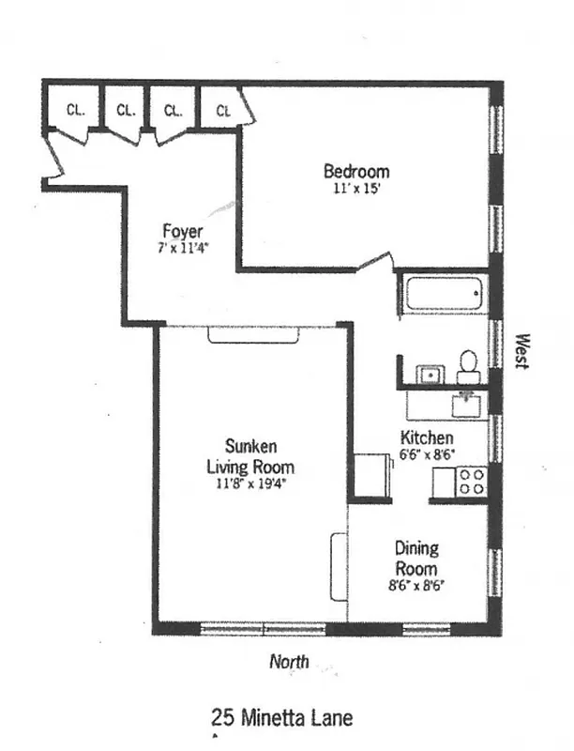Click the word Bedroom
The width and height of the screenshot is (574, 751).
356,172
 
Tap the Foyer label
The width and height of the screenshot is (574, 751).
182,231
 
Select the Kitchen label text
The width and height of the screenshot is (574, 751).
427,437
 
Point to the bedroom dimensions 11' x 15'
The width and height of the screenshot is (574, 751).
356,189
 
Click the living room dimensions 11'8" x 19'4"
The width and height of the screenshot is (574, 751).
249,484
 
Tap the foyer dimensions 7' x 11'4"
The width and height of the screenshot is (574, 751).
182,249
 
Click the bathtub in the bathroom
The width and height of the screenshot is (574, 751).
442,296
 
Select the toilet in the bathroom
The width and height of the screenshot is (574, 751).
468,365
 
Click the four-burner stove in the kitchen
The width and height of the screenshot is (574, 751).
471,483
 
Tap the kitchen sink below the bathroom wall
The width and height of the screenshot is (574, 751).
466,405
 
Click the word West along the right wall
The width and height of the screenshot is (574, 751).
523,352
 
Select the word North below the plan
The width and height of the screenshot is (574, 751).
289,662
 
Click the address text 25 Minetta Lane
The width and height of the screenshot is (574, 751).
282,719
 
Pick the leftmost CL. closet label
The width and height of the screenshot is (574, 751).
76,109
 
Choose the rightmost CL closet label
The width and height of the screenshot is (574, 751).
223,111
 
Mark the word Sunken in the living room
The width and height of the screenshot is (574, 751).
250,446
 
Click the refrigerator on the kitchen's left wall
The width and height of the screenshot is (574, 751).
373,475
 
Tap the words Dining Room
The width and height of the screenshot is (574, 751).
415,559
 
